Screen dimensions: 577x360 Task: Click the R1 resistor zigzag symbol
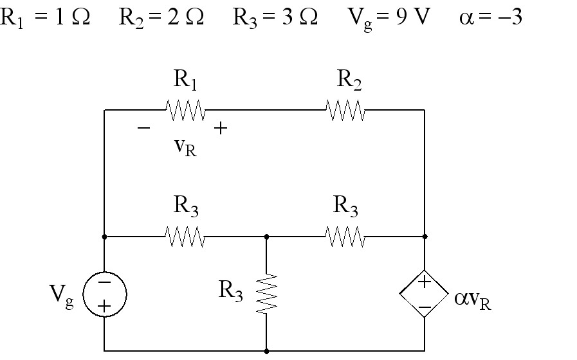click(x=185, y=110)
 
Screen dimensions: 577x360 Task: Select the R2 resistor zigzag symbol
click(x=345, y=110)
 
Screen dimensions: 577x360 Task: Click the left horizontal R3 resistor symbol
click(x=185, y=237)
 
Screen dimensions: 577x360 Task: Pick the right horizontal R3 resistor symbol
click(x=345, y=237)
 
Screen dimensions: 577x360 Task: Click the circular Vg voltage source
click(x=105, y=294)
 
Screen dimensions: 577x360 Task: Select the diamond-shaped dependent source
click(x=425, y=294)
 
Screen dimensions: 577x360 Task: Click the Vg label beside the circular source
click(x=62, y=296)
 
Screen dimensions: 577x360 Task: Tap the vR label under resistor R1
click(x=185, y=148)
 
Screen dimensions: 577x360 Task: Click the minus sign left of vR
click(x=143, y=128)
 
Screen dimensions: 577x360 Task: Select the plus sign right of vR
click(x=221, y=129)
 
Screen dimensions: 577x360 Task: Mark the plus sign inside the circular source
click(x=104, y=306)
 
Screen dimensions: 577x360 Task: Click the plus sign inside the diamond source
click(x=425, y=282)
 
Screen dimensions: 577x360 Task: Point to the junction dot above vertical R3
click(x=266, y=237)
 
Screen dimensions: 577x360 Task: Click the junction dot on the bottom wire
click(x=266, y=351)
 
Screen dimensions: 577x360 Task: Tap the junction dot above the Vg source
click(x=104, y=237)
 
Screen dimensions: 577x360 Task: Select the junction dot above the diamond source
click(x=425, y=237)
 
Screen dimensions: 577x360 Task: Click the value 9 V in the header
click(x=413, y=17)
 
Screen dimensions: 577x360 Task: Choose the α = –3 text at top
click(x=491, y=17)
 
